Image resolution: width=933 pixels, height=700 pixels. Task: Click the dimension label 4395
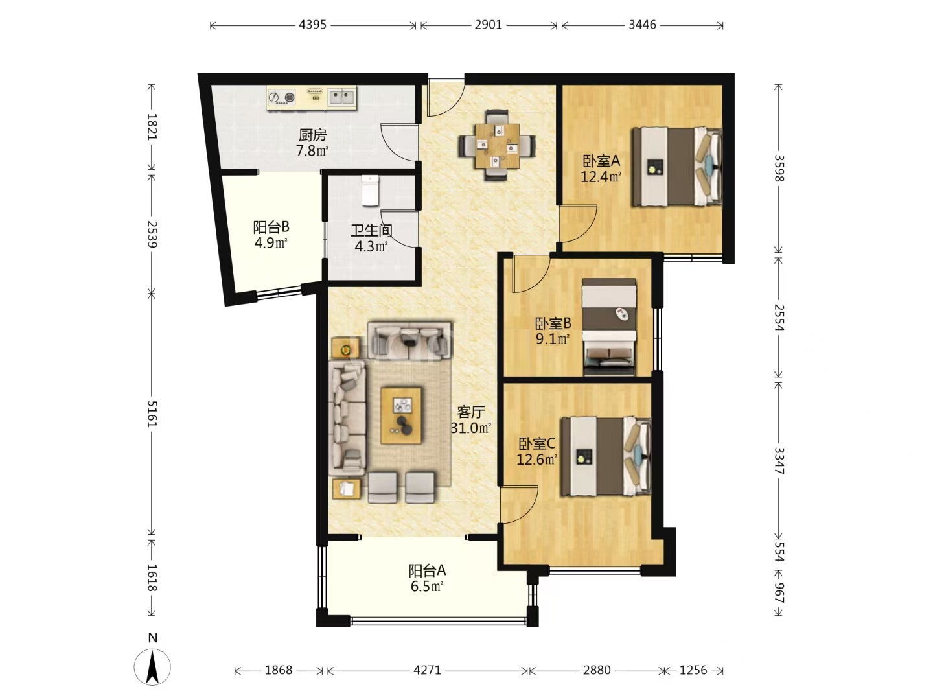tap(312, 25)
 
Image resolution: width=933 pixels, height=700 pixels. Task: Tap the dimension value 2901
tap(489, 25)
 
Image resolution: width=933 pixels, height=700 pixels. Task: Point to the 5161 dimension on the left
tap(152, 414)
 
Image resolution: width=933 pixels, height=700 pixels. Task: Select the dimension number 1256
tap(693, 670)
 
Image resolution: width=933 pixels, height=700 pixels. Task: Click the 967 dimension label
tap(778, 592)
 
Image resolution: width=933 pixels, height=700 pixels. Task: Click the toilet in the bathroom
tap(370, 191)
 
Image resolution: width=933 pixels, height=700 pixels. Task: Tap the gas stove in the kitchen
tap(282, 98)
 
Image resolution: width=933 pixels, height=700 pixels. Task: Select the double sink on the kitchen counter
tap(341, 97)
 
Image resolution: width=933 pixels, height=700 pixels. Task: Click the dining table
tap(497, 145)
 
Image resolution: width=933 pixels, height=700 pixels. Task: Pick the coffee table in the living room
tap(401, 415)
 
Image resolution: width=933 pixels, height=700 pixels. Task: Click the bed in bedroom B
tap(609, 327)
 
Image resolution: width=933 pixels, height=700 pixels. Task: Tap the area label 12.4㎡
tap(601, 177)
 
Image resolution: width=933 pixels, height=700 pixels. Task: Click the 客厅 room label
tap(471, 412)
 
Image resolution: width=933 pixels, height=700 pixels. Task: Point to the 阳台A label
tap(427, 570)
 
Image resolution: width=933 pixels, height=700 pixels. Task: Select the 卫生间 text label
tap(371, 230)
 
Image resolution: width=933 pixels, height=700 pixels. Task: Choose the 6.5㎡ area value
tap(427, 587)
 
